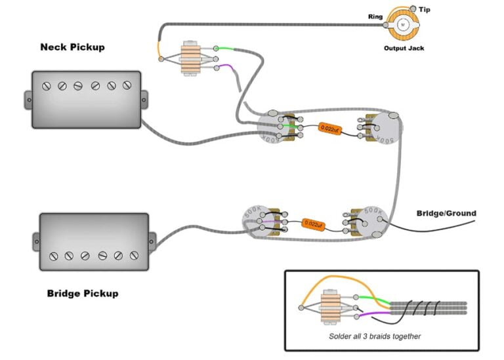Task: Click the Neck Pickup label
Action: (x=72, y=47)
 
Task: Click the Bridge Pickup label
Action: (x=83, y=293)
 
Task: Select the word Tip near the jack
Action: (x=425, y=10)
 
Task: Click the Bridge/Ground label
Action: (x=446, y=213)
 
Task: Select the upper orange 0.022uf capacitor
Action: (x=329, y=130)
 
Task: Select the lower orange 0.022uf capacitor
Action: (x=314, y=224)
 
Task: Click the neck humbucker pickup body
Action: (x=85, y=99)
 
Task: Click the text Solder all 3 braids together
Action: (x=375, y=336)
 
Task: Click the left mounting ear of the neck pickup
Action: (x=28, y=99)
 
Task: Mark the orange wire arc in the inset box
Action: (x=341, y=281)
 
